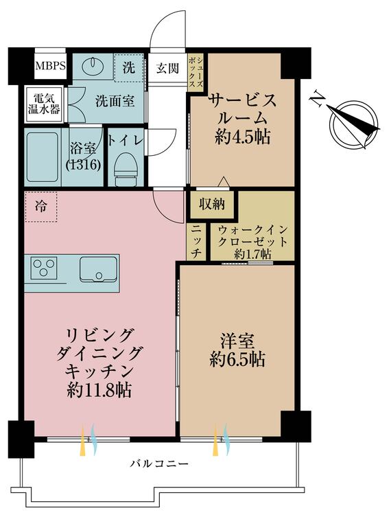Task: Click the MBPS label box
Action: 51,66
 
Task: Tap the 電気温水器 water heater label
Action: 44,104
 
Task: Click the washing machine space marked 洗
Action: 129,68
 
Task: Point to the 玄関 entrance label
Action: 167,68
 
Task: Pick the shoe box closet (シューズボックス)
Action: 195,71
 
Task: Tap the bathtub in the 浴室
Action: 43,157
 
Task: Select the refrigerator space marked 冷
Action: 40,207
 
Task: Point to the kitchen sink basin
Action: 98,269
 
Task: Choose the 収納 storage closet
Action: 212,205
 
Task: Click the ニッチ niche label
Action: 195,242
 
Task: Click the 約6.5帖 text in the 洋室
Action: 237,359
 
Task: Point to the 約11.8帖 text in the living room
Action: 99,391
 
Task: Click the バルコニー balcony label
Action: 160,463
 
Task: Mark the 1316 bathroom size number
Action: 83,165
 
